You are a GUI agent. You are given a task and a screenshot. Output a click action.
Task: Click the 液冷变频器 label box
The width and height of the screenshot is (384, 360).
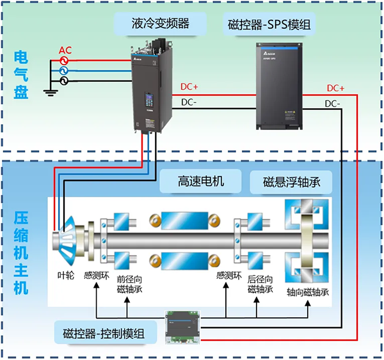point(161,24)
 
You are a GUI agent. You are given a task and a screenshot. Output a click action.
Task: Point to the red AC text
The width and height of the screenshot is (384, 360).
point(65,50)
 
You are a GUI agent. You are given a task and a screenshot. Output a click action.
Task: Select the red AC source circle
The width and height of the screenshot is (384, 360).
point(64,59)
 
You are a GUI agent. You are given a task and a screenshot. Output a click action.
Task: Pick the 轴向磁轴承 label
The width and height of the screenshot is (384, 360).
point(308,292)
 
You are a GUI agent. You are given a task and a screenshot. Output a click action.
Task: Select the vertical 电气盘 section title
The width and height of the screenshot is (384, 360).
point(20,75)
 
